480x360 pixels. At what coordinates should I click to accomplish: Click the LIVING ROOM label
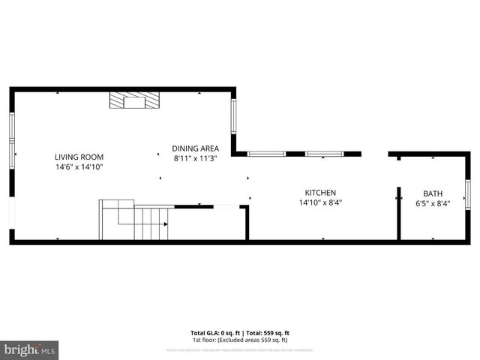(78, 157)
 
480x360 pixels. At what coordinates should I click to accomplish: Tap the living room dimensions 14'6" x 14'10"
(78, 166)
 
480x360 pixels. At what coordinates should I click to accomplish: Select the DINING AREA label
(195, 148)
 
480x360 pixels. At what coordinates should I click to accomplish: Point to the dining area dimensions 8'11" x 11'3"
(195, 158)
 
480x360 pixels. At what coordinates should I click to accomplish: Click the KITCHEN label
(320, 192)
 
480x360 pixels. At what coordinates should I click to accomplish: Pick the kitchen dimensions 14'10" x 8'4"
(320, 202)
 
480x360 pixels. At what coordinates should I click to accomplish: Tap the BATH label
(433, 193)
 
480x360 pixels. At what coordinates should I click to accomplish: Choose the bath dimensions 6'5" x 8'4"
(433, 202)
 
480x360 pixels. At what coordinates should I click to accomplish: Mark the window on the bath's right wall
(467, 194)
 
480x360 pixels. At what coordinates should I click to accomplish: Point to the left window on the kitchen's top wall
(267, 154)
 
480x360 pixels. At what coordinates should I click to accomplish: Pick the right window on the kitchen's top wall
(324, 154)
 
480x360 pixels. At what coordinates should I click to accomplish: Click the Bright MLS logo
(30, 350)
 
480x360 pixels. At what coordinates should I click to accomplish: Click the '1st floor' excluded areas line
(240, 339)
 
